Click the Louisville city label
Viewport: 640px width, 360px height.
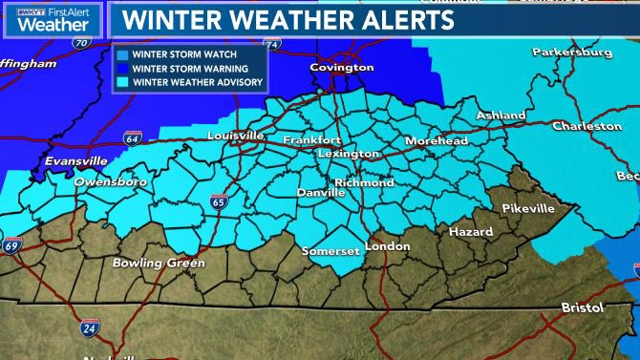click(x=235, y=137)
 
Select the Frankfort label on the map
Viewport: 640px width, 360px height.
click(x=311, y=140)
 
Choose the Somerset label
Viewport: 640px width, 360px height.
click(x=329, y=251)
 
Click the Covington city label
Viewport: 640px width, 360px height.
click(x=341, y=68)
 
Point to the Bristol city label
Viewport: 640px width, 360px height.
click(x=582, y=307)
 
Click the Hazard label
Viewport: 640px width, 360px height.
click(x=471, y=232)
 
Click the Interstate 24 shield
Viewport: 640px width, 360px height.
click(x=87, y=328)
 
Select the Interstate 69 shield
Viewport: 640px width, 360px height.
click(x=12, y=245)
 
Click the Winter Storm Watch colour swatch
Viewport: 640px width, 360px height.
click(x=122, y=54)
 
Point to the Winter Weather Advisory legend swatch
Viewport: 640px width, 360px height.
click(x=122, y=81)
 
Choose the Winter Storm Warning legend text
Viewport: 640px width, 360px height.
click(x=191, y=68)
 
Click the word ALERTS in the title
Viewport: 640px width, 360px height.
click(x=382, y=19)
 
